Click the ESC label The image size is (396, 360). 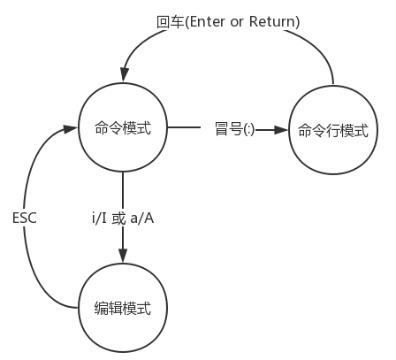click(25, 218)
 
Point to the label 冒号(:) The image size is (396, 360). click(235, 129)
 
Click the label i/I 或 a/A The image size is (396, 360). click(123, 218)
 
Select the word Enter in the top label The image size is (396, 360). click(208, 21)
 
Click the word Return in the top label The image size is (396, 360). click(272, 21)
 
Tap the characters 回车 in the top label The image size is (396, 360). click(171, 22)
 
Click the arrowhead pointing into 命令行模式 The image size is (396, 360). click(281, 130)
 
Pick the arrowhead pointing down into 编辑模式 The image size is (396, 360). click(123, 256)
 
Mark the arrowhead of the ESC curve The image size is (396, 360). click(70, 129)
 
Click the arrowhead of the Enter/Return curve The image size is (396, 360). click(125, 73)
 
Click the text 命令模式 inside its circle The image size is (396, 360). click(123, 128)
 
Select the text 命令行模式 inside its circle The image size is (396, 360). click(333, 130)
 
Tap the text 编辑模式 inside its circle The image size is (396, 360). click(123, 308)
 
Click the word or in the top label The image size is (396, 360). click(237, 22)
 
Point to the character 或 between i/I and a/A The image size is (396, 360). click(118, 218)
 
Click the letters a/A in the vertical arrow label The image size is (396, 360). click(142, 218)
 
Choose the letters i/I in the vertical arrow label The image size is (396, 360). click(99, 218)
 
